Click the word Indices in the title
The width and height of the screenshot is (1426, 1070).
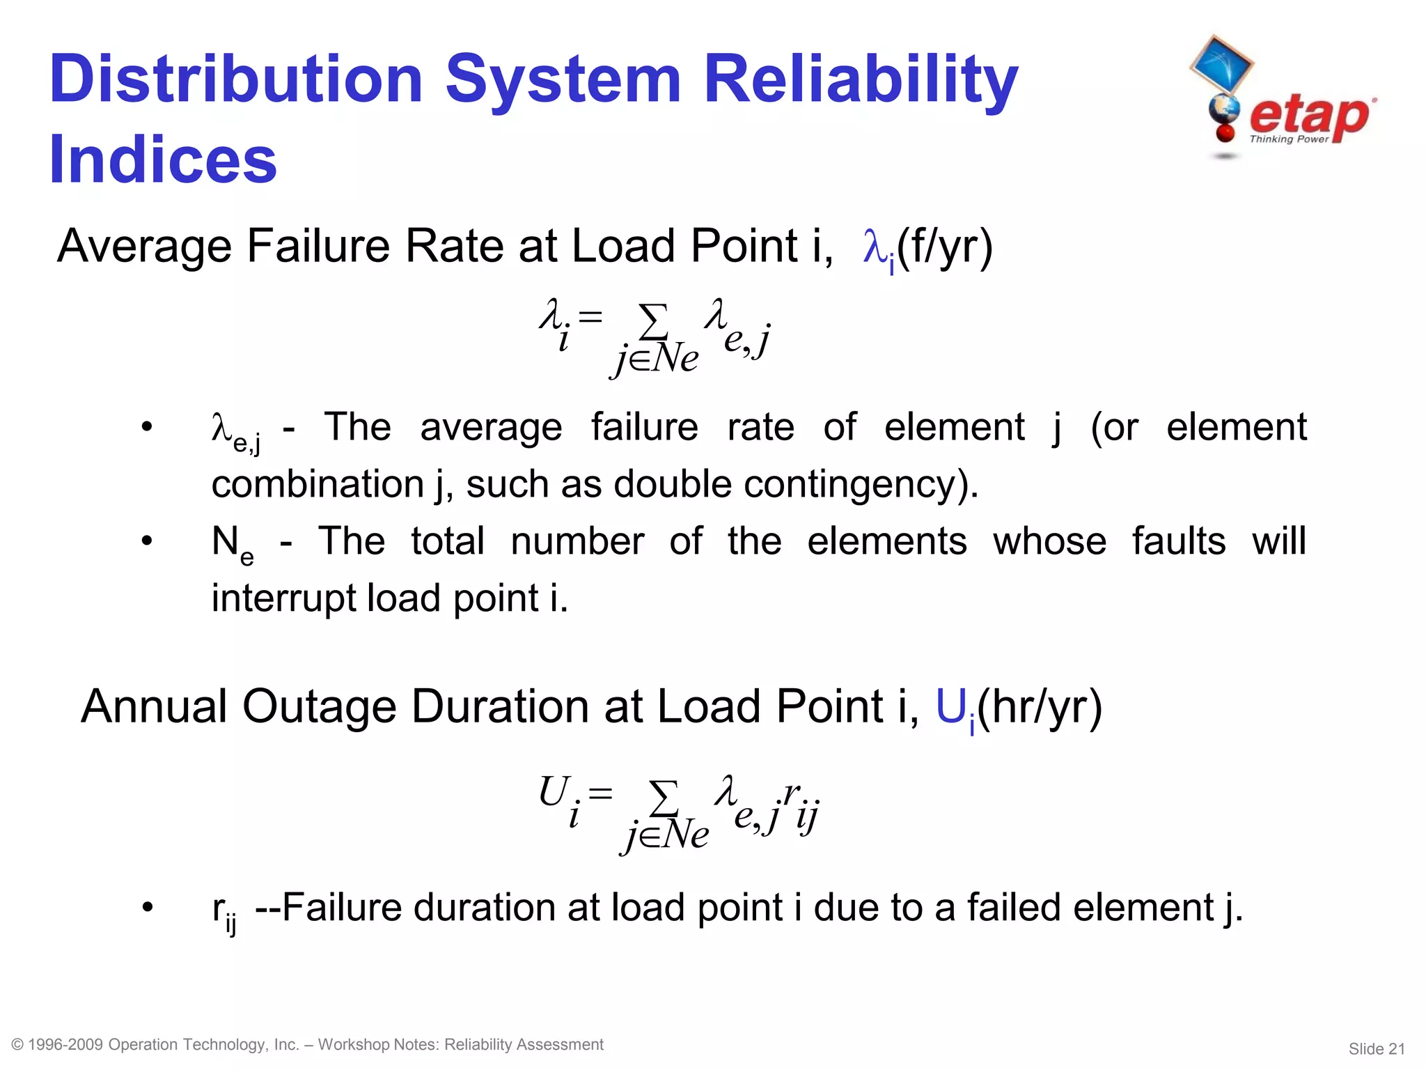pos(163,160)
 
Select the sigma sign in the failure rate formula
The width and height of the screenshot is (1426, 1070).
pos(653,320)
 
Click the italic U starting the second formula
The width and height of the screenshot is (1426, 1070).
pos(555,793)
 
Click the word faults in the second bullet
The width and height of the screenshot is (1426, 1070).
pos(1178,541)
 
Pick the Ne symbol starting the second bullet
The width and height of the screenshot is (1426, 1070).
pos(231,544)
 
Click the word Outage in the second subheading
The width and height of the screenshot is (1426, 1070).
pos(319,707)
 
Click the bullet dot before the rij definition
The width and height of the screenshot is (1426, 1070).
pos(147,908)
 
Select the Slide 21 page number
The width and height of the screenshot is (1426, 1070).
pos(1377,1048)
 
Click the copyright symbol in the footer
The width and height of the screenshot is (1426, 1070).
pos(18,1045)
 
